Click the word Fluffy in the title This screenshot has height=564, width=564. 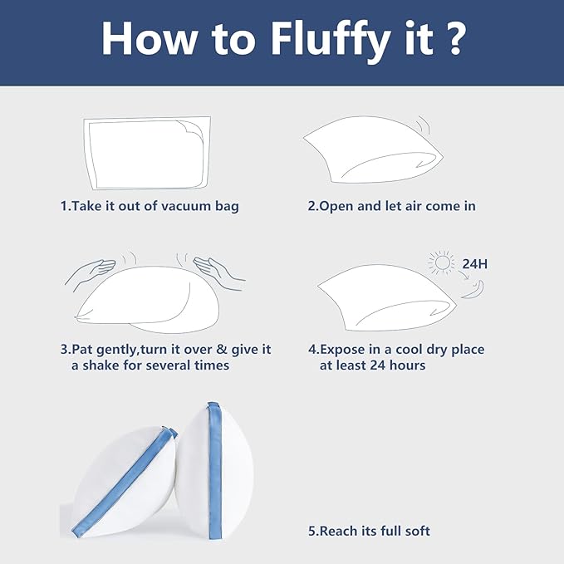[331, 40]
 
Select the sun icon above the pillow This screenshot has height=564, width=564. [441, 262]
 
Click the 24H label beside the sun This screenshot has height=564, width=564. [475, 264]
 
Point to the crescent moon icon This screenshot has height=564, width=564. [474, 290]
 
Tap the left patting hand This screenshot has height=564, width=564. [91, 272]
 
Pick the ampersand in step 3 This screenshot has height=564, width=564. [222, 350]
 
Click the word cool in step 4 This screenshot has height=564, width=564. [409, 350]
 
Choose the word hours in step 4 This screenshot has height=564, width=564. [408, 365]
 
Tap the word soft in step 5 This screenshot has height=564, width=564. [418, 531]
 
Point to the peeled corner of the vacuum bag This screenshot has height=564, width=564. [190, 130]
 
